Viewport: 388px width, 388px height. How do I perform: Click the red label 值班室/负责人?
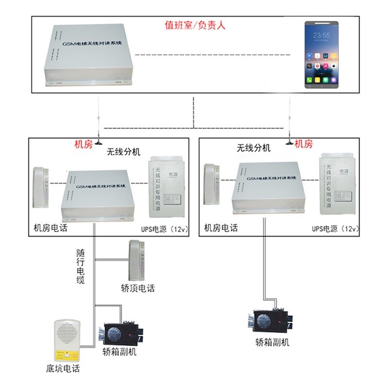[x=195, y=25]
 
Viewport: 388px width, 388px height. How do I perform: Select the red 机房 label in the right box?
[x=304, y=144]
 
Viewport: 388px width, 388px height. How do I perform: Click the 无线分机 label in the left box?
[x=123, y=152]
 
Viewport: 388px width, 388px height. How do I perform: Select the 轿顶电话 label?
[x=138, y=289]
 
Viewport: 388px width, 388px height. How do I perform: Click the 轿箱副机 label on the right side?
[x=272, y=342]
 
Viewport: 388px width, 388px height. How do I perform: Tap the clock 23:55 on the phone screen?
[x=322, y=35]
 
